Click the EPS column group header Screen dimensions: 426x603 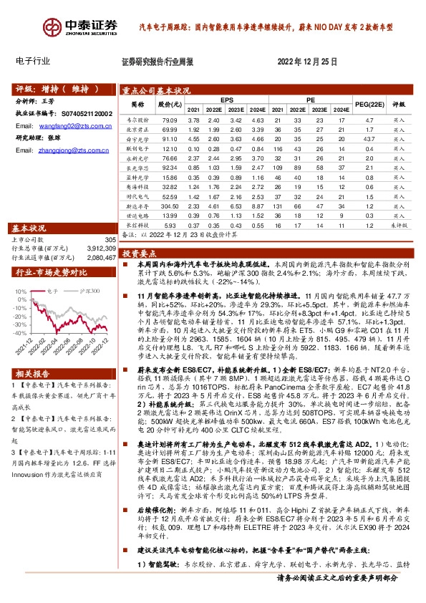(x=226, y=100)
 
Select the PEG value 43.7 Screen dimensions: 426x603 (x=369, y=138)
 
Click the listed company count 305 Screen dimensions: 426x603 (x=110, y=239)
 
